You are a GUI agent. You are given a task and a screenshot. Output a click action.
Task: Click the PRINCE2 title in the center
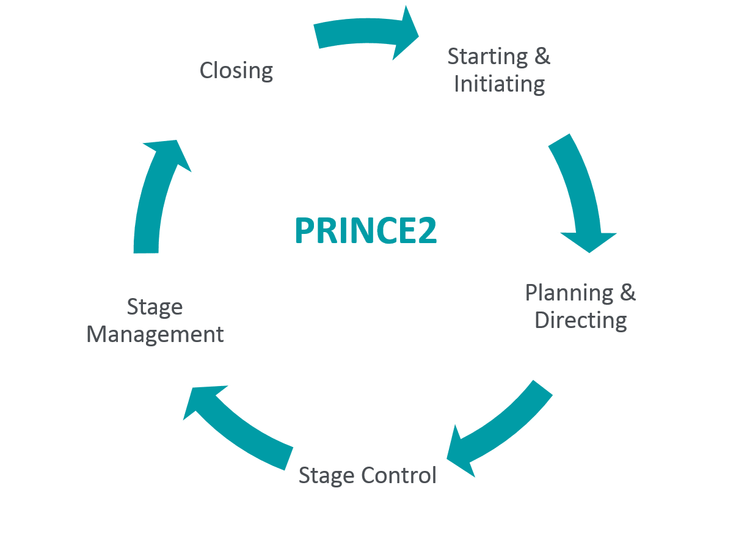point(365,231)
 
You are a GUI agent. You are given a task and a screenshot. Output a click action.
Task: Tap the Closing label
point(236,71)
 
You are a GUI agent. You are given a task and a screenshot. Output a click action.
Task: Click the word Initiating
point(500,84)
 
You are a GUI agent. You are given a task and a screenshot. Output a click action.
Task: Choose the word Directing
point(580,320)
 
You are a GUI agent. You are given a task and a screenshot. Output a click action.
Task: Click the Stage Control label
point(367,475)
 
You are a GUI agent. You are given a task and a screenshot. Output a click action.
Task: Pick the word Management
point(155,334)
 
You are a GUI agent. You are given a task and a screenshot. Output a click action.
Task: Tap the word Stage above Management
point(155,307)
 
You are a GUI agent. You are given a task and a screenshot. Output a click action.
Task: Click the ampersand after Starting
point(542,56)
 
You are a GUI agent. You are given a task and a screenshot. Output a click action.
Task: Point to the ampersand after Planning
point(627,293)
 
